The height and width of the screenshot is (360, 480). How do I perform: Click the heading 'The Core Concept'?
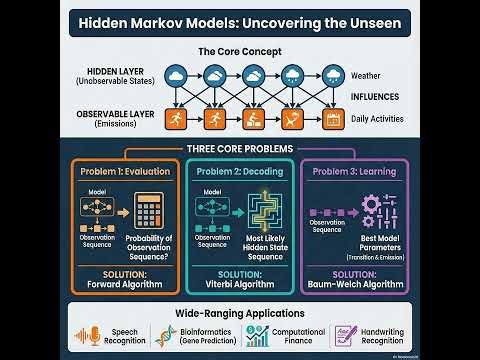tap(239, 51)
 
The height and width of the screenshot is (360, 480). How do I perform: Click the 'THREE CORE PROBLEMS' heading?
tap(239, 149)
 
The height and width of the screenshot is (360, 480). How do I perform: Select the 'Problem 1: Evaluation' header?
tap(124, 172)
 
